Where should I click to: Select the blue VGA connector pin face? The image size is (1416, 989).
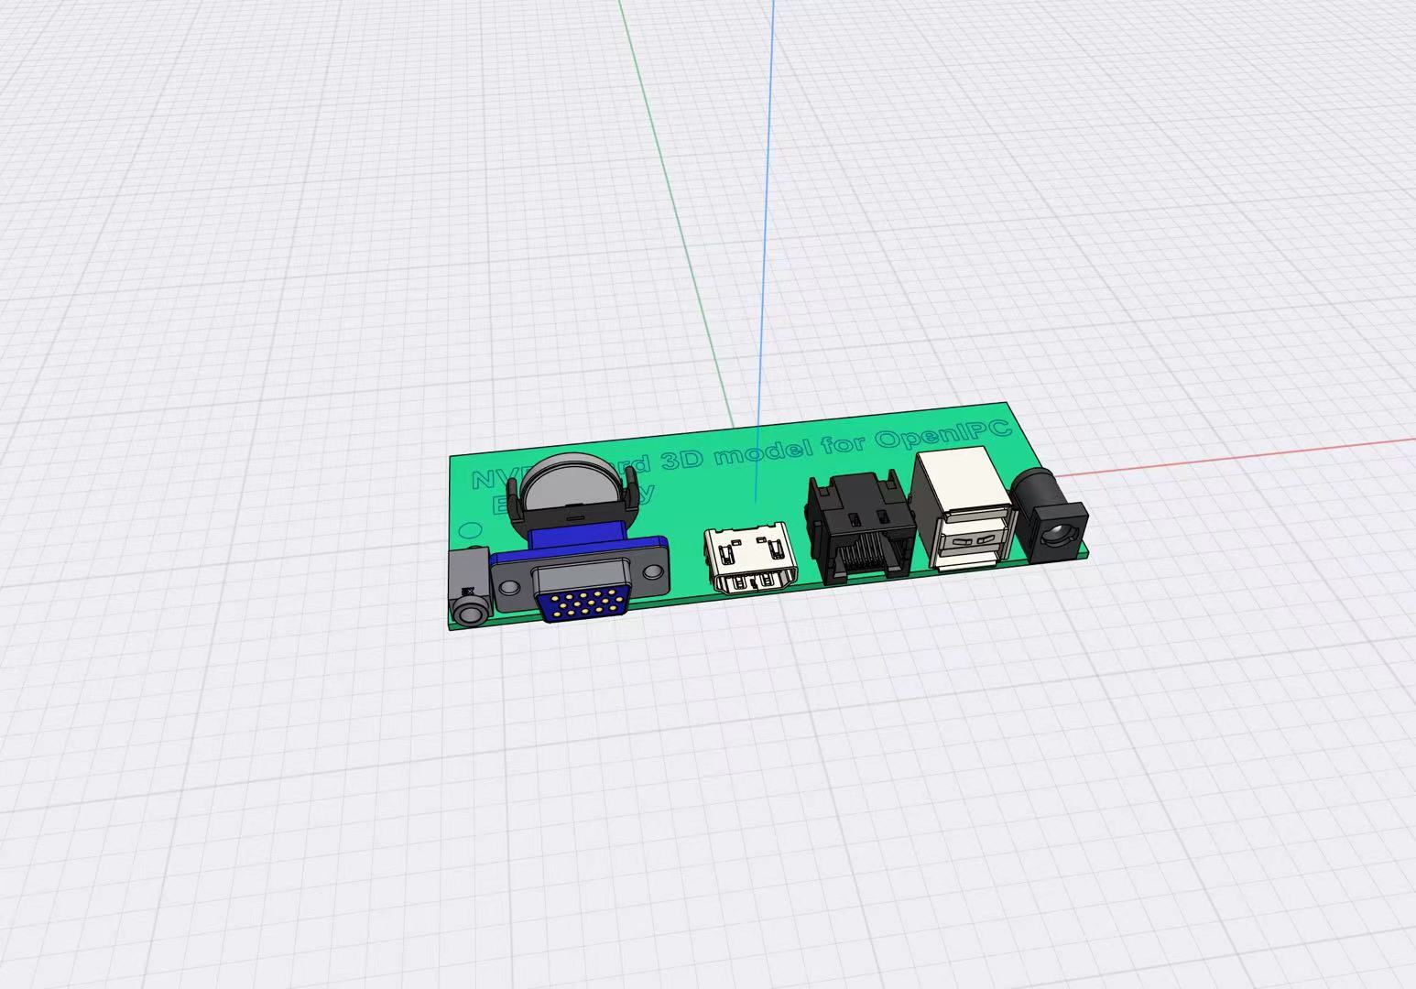583,603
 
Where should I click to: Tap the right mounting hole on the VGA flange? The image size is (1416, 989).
652,572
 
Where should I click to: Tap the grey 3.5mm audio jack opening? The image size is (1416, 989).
470,611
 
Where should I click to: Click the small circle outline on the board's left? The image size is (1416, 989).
469,529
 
